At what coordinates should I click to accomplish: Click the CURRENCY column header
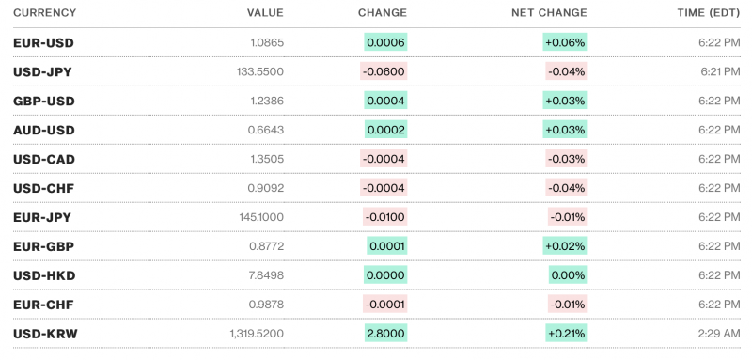point(45,13)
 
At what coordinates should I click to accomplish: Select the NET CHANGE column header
point(549,13)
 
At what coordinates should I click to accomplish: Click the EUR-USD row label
point(43,42)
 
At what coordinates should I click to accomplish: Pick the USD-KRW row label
point(44,334)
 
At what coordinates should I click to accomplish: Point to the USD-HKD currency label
point(44,275)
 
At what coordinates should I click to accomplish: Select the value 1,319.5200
point(256,334)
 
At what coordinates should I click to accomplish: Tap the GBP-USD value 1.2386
point(266,101)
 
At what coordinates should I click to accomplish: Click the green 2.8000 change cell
point(385,334)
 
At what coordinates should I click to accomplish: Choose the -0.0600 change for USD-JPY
point(384,71)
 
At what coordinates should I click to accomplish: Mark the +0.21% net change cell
point(565,334)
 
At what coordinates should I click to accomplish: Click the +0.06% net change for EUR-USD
point(565,42)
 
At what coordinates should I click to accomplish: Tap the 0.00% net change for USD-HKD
point(568,275)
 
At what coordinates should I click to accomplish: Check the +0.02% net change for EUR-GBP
point(565,246)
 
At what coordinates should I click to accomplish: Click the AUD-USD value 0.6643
point(266,130)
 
